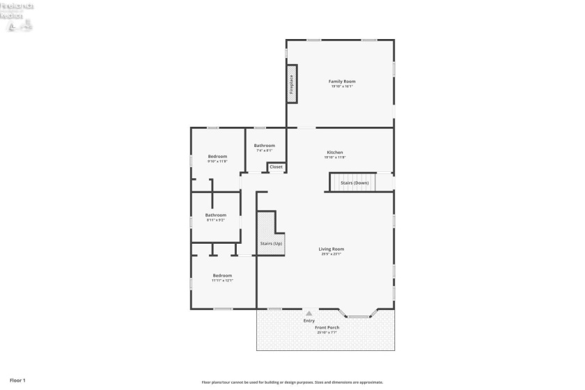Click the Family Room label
click(341, 81)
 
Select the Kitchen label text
click(334, 152)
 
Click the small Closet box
click(276, 167)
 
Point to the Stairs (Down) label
click(354, 183)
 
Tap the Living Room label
click(331, 249)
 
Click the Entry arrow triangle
click(309, 313)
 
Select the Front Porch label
click(327, 327)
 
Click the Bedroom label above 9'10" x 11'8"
click(217, 157)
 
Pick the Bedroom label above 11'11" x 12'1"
click(222, 276)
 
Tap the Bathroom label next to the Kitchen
click(265, 146)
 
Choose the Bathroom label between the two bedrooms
click(215, 215)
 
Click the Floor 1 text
click(17, 380)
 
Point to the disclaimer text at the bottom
click(292, 382)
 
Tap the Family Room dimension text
click(341, 86)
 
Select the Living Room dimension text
click(331, 253)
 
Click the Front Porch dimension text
click(327, 332)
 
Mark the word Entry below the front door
click(309, 320)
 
